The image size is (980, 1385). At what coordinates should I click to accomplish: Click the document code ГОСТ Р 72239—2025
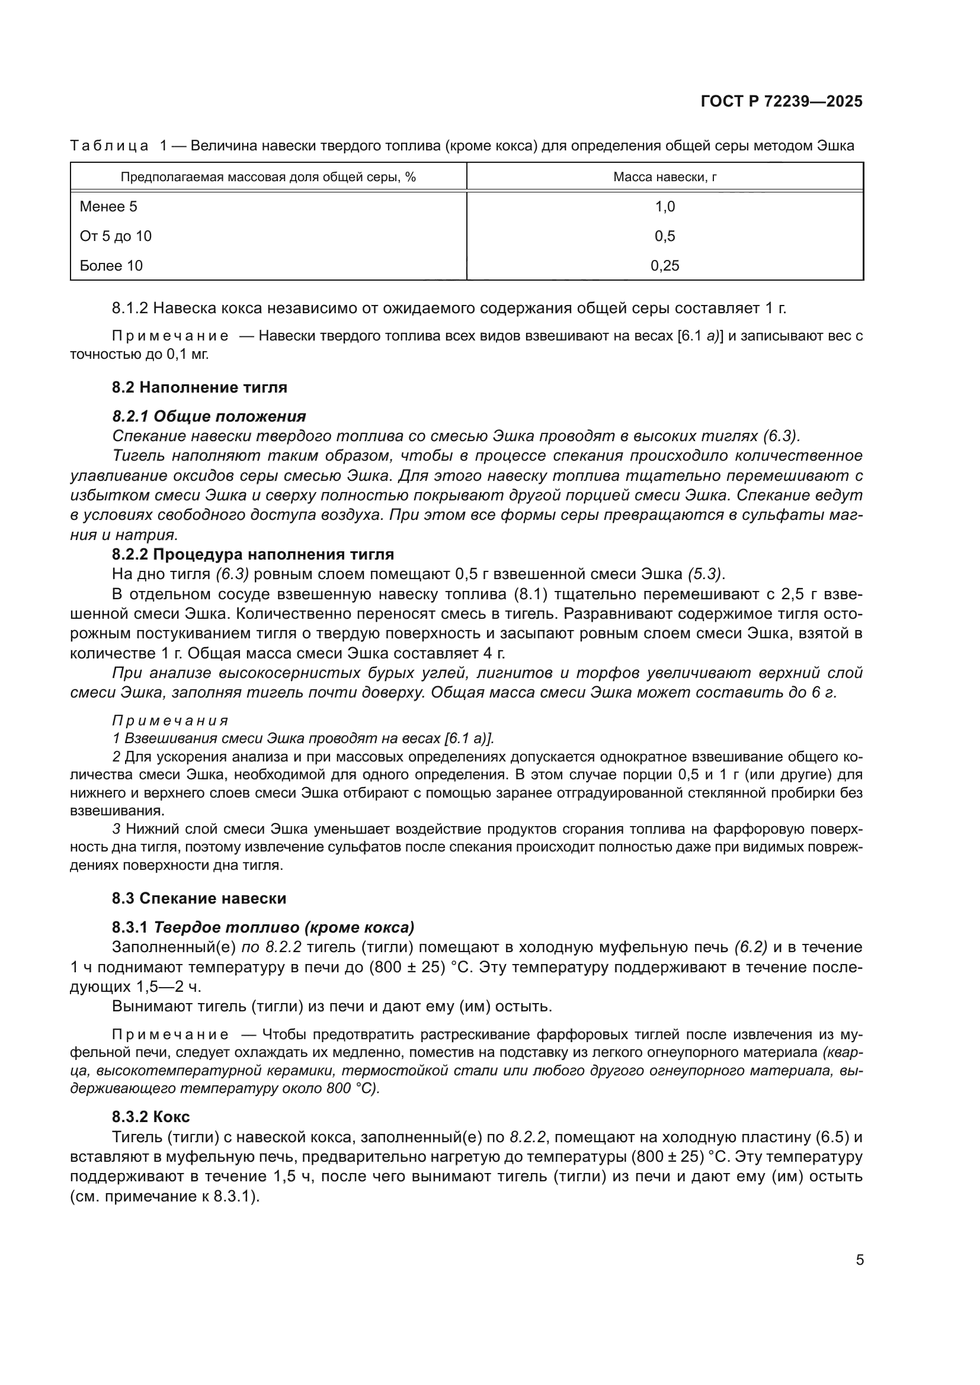coord(782,101)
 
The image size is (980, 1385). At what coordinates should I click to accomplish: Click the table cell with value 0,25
coord(664,265)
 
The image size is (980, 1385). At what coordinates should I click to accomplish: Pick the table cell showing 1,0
coord(664,206)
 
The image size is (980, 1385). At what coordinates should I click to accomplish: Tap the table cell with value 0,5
coord(664,236)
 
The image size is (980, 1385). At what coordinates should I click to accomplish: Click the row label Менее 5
coord(108,206)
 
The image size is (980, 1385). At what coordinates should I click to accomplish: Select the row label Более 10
coord(111,265)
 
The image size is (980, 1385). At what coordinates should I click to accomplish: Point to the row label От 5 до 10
coord(116,236)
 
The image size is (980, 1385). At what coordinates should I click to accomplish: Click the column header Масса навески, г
coord(664,176)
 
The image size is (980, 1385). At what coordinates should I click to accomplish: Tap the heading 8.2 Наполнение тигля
coord(199,387)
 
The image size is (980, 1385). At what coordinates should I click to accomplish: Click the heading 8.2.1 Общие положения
coord(209,416)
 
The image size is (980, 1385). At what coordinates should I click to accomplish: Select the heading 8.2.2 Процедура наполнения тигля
coord(252,554)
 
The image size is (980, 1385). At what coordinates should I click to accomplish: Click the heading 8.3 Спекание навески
coord(199,898)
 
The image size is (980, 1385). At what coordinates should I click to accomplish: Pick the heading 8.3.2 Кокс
coord(151,1117)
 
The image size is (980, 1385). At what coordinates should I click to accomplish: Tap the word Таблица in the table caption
coord(109,146)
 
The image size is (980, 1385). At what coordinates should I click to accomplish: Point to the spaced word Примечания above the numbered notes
coord(170,720)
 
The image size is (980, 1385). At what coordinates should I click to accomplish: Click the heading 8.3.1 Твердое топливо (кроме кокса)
coord(263,927)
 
